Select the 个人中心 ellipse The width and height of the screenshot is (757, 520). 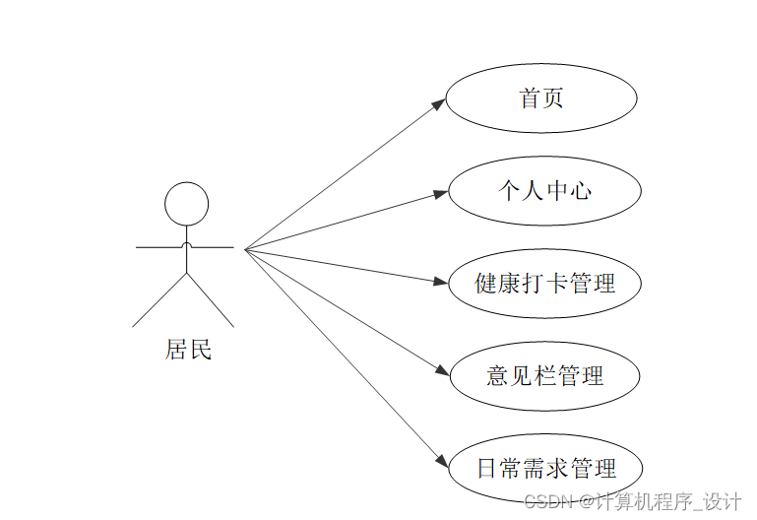544,190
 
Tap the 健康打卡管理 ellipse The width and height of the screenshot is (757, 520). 544,284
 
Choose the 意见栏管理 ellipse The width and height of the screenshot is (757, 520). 544,375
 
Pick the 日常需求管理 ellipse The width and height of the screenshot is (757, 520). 545,468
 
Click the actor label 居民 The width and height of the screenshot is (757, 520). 188,350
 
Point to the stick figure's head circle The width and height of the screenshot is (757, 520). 186,204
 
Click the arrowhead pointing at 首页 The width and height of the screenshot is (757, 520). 439,103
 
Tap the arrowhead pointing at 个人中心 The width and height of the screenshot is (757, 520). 441,194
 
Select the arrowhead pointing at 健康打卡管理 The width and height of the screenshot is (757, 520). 441,282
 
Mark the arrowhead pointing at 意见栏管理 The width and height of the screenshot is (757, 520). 441,371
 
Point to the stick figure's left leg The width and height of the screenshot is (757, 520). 158,301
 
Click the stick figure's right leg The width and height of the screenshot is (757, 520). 211,301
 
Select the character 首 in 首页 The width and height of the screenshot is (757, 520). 530,97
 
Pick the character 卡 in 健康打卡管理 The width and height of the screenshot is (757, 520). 557,284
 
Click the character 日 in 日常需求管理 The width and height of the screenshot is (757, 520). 486,468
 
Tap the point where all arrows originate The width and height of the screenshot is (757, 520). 245,249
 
